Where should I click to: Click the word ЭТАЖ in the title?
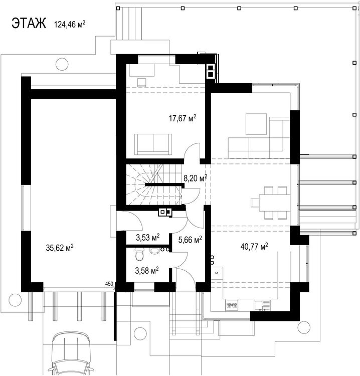pos(29,24)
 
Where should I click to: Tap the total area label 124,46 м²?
pos(70,25)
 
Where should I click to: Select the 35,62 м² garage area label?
pos(60,248)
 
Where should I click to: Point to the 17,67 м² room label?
pos(183,118)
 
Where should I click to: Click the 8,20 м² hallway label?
pos(195,178)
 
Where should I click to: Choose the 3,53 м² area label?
pos(148,237)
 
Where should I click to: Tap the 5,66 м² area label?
pos(190,239)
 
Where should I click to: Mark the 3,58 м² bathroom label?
pos(147,271)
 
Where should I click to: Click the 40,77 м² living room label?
pos(254,246)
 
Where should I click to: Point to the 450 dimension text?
pos(109,284)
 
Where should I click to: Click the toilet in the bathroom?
pos(139,254)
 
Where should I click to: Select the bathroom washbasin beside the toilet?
pos(154,251)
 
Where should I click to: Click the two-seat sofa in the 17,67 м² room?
pos(153,144)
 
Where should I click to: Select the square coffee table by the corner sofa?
pos(256,124)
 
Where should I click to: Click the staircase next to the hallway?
pos(154,184)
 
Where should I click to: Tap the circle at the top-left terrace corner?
pos(62,64)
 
